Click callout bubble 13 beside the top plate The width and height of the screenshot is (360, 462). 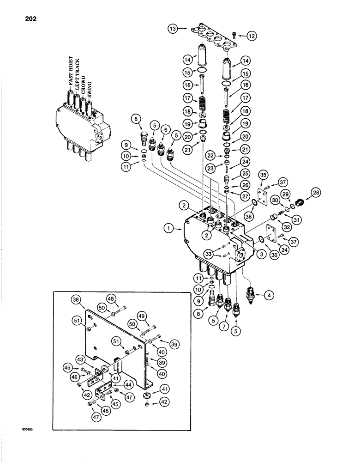pyautogui.click(x=173, y=29)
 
